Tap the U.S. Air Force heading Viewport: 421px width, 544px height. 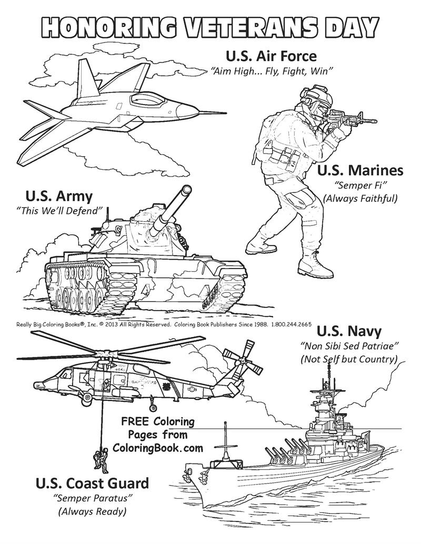pyautogui.click(x=271, y=56)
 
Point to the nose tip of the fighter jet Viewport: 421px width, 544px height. pyautogui.click(x=225, y=112)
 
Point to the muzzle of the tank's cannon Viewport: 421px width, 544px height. pyautogui.click(x=185, y=191)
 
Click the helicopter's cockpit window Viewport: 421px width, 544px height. pyautogui.click(x=66, y=374)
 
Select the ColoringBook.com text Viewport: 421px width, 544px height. pyautogui.click(x=157, y=447)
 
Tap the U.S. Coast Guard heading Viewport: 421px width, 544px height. pyautogui.click(x=92, y=483)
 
